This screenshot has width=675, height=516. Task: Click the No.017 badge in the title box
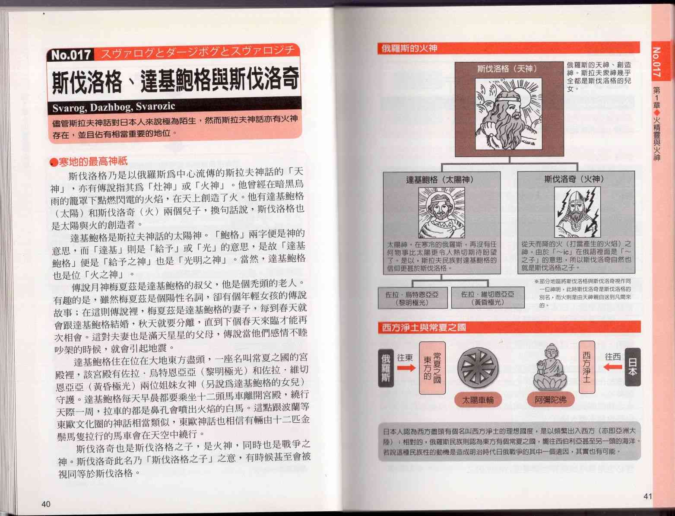pos(71,55)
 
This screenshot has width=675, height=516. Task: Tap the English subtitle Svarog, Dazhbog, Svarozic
pos(114,107)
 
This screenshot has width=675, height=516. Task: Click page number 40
pos(46,504)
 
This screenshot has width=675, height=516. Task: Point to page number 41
pos(648,496)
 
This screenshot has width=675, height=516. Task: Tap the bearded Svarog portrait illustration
pos(509,114)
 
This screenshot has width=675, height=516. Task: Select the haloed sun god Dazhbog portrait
pos(442,213)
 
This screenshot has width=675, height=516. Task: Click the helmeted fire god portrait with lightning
pos(577,212)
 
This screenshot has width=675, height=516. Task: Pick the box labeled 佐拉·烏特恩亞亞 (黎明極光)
pos(412,298)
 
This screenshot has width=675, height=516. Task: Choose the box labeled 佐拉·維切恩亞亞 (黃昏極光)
pos(488,298)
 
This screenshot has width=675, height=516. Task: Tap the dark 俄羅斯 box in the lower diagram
pos(386,368)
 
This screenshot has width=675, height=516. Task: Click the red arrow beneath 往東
pos(406,368)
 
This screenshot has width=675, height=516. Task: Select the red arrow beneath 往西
pos(613,367)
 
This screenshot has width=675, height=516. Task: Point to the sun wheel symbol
pos(478,368)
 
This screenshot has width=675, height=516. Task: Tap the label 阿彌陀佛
pos(551,400)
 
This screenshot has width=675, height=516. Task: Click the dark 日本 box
pos(633,367)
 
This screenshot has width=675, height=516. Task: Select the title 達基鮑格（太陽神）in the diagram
pos(440,180)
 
